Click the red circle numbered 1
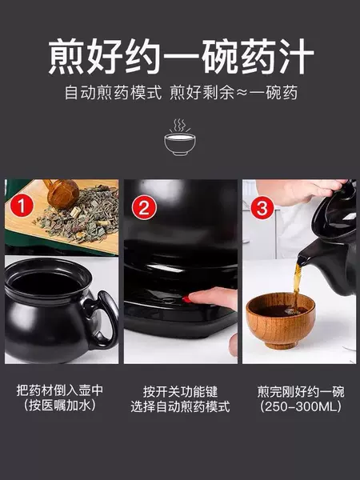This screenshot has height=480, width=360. click(x=21, y=206)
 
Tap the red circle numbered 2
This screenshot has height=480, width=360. click(x=144, y=207)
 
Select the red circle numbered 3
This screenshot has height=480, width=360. click(x=262, y=208)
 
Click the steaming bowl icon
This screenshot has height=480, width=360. click(x=180, y=137)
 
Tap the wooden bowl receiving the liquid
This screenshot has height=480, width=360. click(x=281, y=321)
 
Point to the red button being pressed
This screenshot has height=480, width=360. click(x=186, y=299)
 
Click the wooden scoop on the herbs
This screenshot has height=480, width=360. click(x=62, y=193)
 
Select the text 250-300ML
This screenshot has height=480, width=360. click(x=301, y=406)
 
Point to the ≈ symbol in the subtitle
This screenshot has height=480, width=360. click(x=242, y=93)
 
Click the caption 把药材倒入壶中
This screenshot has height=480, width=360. click(x=60, y=390)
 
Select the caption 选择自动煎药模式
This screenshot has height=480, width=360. click(x=180, y=407)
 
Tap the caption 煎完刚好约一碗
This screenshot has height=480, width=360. click(x=301, y=391)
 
